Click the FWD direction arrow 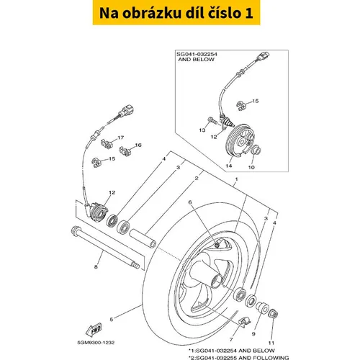(94, 330)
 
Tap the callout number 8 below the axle (96, 266)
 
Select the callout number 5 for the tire (112, 320)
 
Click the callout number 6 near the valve (190, 202)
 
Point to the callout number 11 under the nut (271, 343)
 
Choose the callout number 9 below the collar (253, 334)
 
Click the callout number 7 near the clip (231, 339)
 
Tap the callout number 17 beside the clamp (120, 138)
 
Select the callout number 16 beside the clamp (138, 145)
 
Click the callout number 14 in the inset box (229, 166)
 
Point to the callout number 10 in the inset (251, 167)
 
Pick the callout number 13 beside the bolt (202, 130)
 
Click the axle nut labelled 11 (274, 313)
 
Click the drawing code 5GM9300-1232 (96, 343)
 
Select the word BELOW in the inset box (203, 59)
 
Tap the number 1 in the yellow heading (249, 13)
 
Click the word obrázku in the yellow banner (152, 13)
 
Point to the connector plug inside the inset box (264, 56)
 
